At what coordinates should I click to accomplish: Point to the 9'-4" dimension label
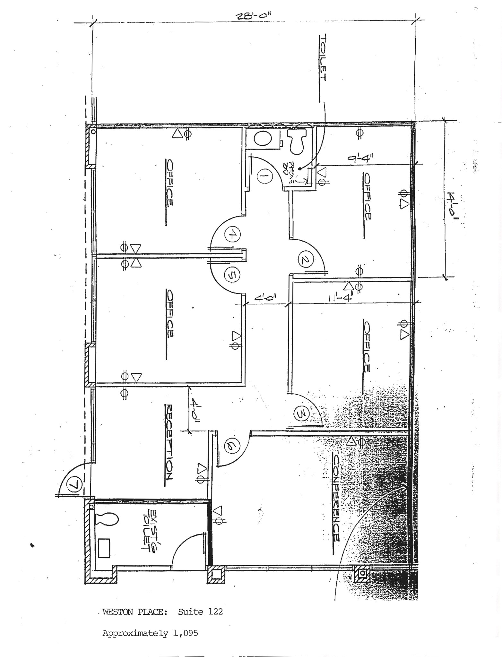361,159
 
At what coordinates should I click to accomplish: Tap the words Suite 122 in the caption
200,611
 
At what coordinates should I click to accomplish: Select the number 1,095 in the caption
186,633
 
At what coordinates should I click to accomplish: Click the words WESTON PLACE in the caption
134,612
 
